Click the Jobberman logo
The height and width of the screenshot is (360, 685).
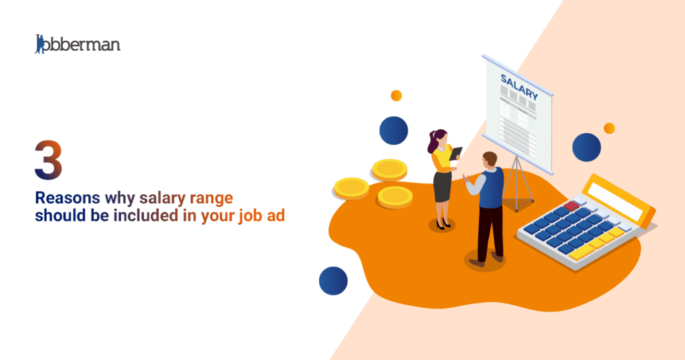[x=78, y=44]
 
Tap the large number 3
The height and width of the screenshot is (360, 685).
[x=48, y=160]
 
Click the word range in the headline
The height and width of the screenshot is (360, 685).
[x=213, y=199]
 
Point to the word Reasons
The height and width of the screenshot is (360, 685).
[x=66, y=198]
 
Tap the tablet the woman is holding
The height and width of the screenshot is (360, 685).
[x=456, y=154]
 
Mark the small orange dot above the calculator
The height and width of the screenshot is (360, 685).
[x=609, y=128]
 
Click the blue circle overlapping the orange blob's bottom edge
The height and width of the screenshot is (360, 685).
[x=333, y=281]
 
